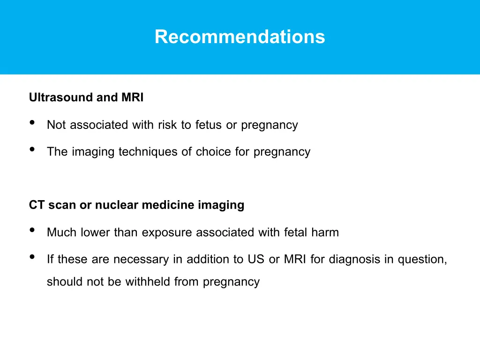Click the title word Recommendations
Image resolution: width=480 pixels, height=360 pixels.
(x=240, y=37)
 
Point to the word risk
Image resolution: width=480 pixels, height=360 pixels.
(x=164, y=125)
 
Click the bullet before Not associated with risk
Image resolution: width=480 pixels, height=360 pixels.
(x=32, y=123)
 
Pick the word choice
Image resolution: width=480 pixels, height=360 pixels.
(x=214, y=152)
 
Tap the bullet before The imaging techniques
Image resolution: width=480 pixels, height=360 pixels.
(x=32, y=150)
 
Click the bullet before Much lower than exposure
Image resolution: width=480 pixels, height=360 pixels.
(x=32, y=230)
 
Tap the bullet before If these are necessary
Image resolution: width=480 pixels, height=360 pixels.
(x=32, y=257)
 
